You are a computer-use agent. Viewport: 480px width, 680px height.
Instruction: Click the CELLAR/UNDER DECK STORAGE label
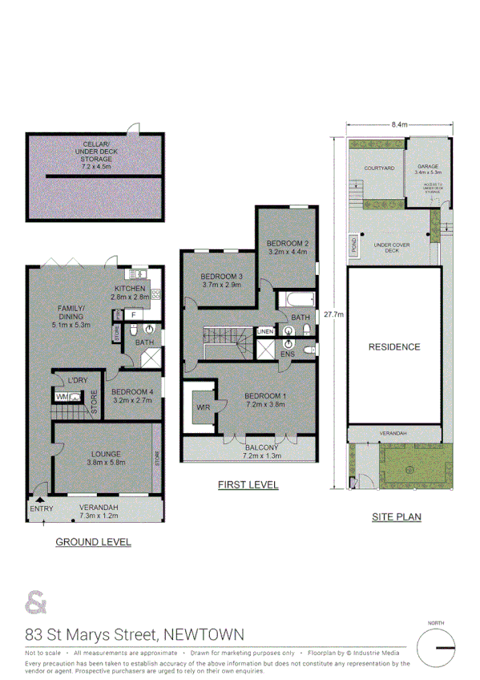coord(94,152)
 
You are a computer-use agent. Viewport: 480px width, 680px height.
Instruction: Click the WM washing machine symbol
coord(63,396)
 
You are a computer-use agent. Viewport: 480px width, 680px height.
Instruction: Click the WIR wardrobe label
coord(204,410)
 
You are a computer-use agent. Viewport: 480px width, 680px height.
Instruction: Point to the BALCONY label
coord(262,447)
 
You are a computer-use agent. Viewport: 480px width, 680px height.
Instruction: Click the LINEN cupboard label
coord(264,331)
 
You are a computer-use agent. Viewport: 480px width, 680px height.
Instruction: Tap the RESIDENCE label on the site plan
coord(393,347)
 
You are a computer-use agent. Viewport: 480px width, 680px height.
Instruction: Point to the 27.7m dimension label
coord(334,314)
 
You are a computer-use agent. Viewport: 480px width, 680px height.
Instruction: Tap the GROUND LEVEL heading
coord(93,542)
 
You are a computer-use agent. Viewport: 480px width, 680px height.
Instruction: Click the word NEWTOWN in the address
coord(204,634)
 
